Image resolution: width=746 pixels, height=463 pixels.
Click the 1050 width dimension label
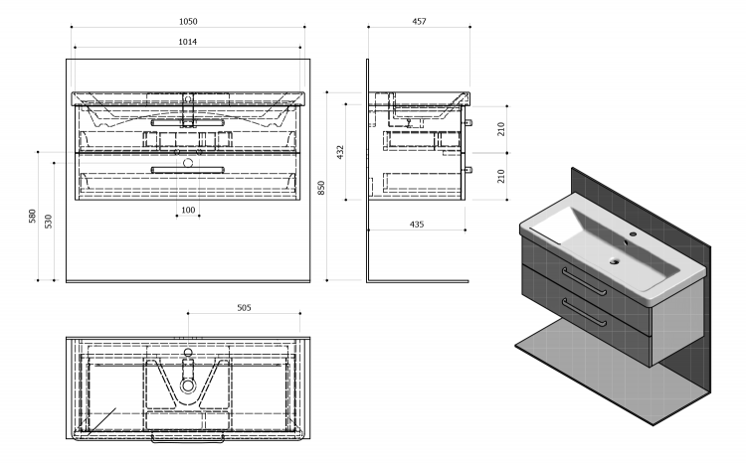point(188,22)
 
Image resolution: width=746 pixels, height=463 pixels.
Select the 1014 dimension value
point(187,42)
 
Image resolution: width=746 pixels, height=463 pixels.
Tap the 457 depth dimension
point(419,22)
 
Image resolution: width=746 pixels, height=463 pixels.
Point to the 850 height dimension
point(321,188)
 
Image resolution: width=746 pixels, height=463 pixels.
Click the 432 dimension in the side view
point(340,152)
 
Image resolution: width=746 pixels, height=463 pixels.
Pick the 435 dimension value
point(417,225)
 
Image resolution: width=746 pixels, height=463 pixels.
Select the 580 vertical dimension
point(33,217)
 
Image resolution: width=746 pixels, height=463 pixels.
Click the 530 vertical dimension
point(49,222)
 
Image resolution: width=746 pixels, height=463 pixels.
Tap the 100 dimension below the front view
point(188,210)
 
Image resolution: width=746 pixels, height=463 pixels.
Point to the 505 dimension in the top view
point(244,308)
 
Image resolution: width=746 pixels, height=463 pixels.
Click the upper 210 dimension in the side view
point(501,129)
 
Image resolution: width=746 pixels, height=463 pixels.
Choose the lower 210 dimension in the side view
point(501,176)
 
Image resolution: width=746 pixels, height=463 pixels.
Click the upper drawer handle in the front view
point(187,122)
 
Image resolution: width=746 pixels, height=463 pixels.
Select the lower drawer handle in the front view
point(187,170)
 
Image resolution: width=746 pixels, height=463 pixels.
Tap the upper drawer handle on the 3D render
point(584,281)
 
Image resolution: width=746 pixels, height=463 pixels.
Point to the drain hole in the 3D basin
point(615,260)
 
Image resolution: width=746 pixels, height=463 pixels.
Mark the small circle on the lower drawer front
point(188,163)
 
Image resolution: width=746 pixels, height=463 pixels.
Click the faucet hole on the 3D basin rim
point(634,233)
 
